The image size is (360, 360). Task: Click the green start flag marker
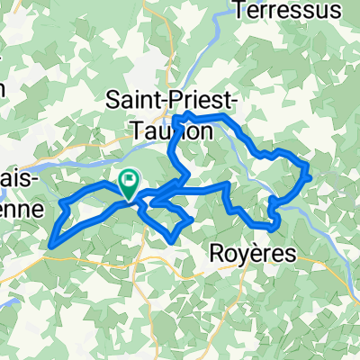pyautogui.click(x=128, y=184)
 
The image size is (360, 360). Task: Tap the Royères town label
pyautogui.click(x=253, y=256)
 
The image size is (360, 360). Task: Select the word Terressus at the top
pyautogui.click(x=287, y=11)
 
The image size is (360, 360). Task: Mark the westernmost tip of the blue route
pyautogui.click(x=51, y=242)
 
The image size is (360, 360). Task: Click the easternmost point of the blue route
pyautogui.click(x=310, y=175)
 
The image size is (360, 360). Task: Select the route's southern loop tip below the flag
pyautogui.click(x=172, y=239)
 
